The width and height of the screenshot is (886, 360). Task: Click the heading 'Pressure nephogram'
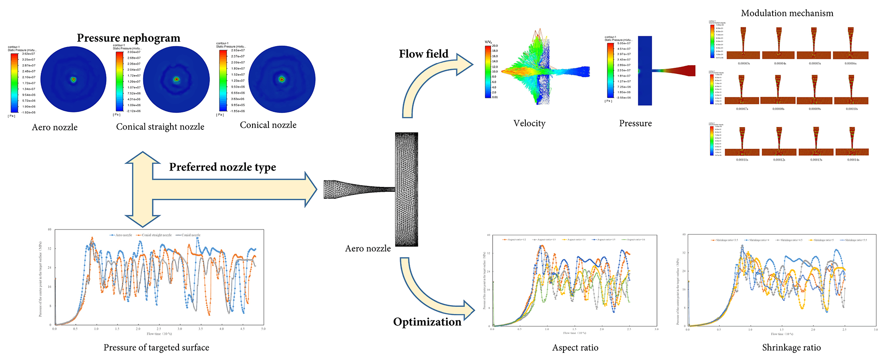click(128, 38)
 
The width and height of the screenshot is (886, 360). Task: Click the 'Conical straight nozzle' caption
click(160, 127)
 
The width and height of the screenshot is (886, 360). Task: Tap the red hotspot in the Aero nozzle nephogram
click(74, 80)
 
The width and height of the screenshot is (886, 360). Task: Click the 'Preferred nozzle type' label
click(222, 167)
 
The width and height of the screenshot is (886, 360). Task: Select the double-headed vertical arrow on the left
click(142, 190)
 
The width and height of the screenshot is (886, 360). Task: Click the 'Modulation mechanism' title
click(787, 13)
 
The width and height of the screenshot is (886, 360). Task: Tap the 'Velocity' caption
click(529, 124)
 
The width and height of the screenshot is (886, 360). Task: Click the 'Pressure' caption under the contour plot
click(635, 124)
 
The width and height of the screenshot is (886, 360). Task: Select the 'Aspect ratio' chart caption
click(575, 348)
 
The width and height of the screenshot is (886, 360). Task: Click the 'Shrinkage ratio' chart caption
click(791, 348)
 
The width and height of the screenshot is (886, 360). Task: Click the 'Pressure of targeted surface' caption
click(156, 348)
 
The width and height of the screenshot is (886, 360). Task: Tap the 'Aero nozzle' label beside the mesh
click(368, 248)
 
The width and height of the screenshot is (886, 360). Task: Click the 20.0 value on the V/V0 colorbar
click(495, 46)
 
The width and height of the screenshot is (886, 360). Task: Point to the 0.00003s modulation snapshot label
click(744, 63)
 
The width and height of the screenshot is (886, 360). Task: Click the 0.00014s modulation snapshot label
click(853, 160)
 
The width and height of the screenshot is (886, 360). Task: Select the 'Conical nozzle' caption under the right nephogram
click(268, 125)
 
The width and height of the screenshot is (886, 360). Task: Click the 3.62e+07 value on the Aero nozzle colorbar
click(29, 54)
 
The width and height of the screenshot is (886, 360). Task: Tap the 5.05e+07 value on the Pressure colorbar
click(624, 43)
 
